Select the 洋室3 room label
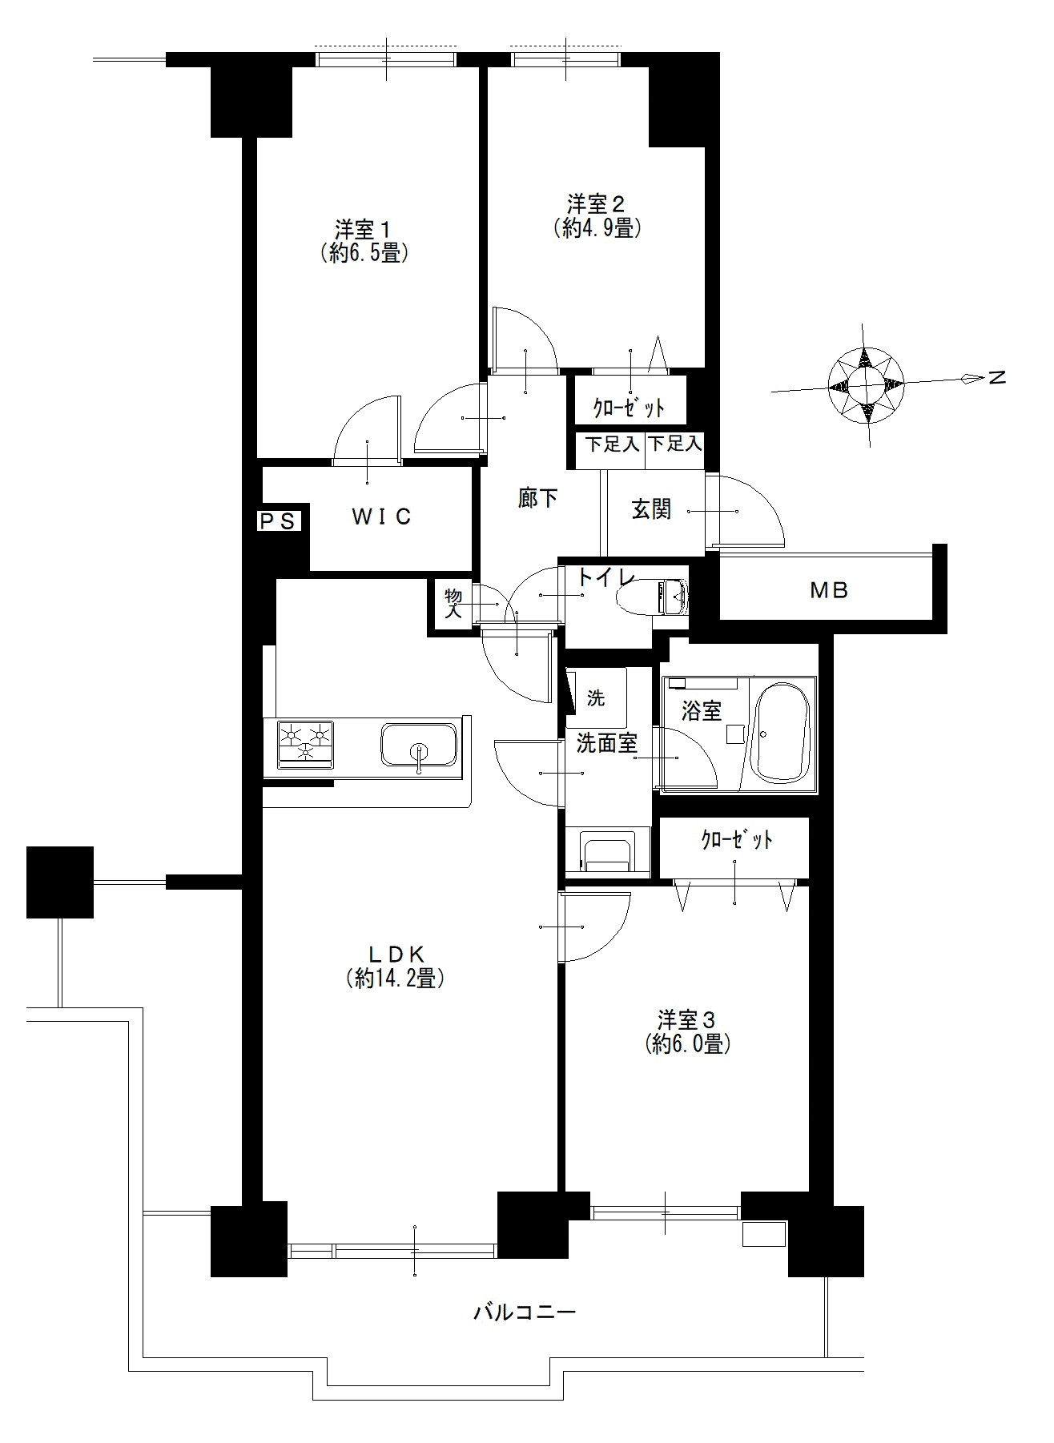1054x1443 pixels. pyautogui.click(x=686, y=1019)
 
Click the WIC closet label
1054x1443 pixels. pyautogui.click(x=382, y=517)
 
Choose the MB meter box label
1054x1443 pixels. pyautogui.click(x=829, y=591)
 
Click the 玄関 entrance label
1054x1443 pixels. pyautogui.click(x=651, y=509)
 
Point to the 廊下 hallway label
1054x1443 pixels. pyautogui.click(x=537, y=498)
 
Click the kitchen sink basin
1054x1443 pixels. pyautogui.click(x=419, y=746)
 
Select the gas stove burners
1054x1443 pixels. pyautogui.click(x=305, y=743)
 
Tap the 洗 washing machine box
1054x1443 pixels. pyautogui.click(x=596, y=698)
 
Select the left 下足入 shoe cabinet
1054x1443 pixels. pyautogui.click(x=611, y=452)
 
